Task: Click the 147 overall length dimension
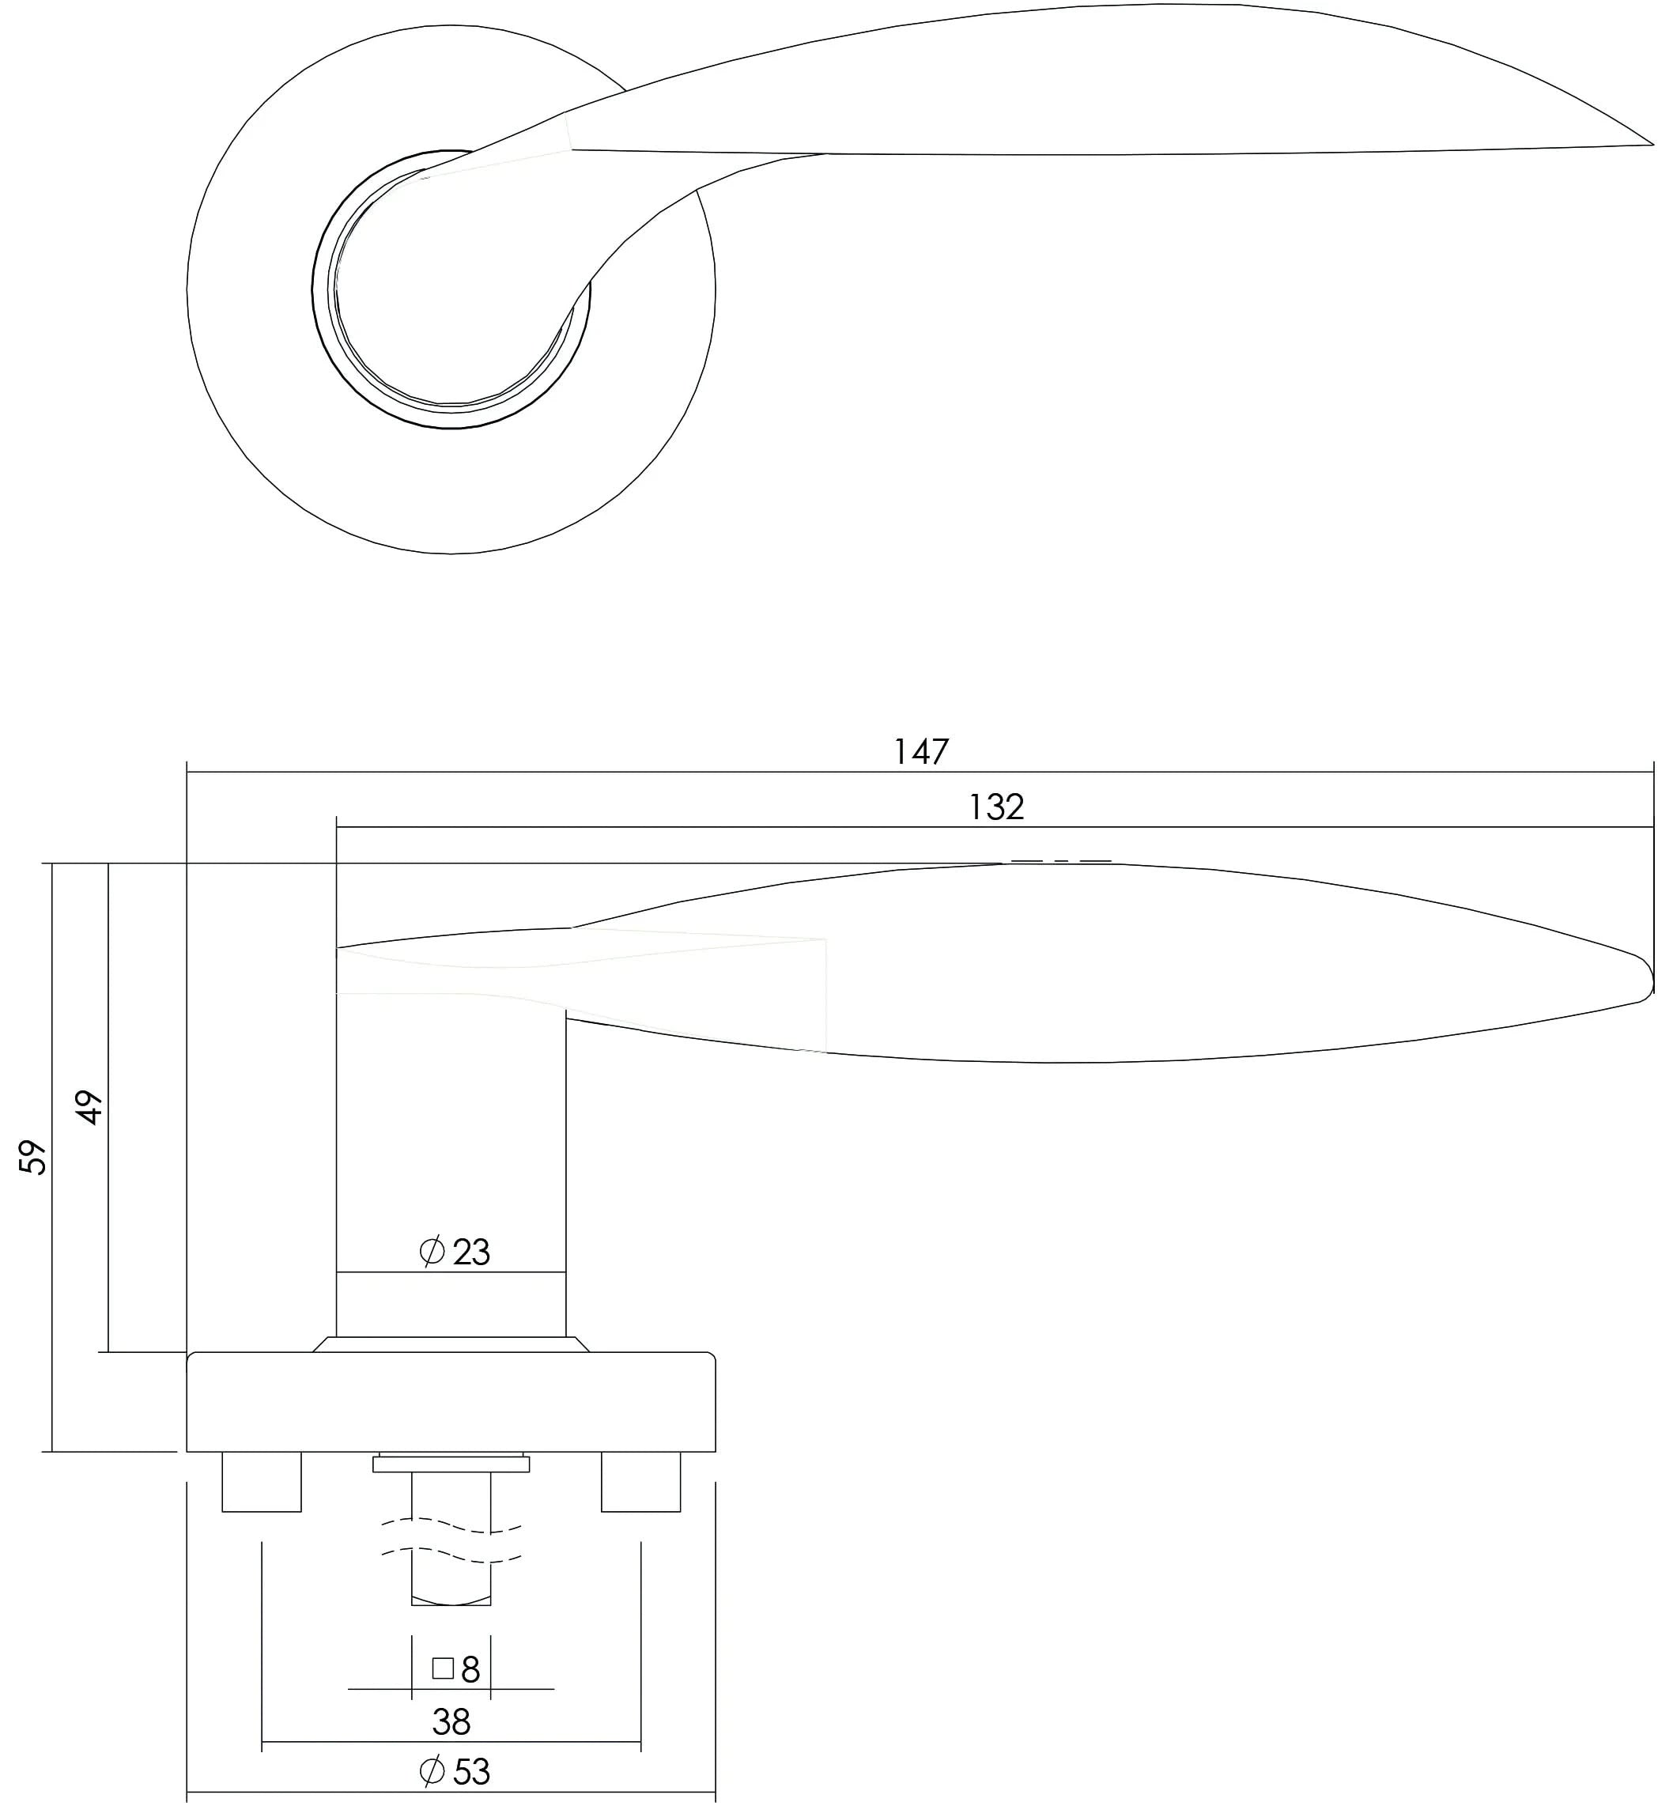pyautogui.click(x=920, y=752)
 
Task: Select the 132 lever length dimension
pyautogui.click(x=996, y=807)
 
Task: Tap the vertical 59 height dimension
pyautogui.click(x=32, y=1158)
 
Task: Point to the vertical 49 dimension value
pyautogui.click(x=89, y=1107)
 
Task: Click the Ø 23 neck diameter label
pyautogui.click(x=455, y=1252)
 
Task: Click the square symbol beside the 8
pyautogui.click(x=442, y=1644)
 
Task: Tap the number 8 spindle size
pyautogui.click(x=471, y=1645)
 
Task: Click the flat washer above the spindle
pyautogui.click(x=451, y=1464)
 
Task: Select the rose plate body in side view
pyautogui.click(x=451, y=1404)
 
